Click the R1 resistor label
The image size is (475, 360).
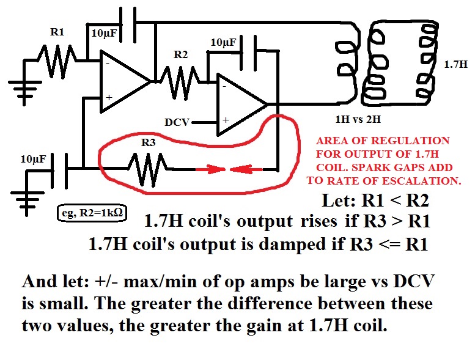click(x=56, y=33)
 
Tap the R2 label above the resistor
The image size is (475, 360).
click(x=181, y=55)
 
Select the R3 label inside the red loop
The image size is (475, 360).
click(x=149, y=143)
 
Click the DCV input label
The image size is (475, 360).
click(x=178, y=122)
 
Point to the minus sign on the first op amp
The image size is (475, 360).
click(x=108, y=62)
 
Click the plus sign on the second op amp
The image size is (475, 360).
click(x=225, y=120)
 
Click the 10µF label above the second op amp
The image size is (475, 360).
click(x=223, y=43)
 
